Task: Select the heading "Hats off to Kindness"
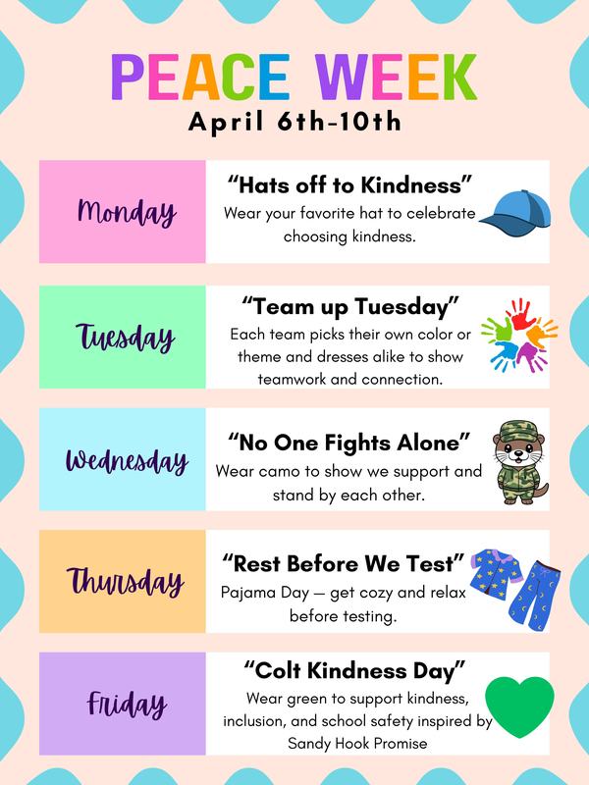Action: [x=350, y=183]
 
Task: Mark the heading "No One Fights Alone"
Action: [x=350, y=439]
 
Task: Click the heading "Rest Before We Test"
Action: [x=343, y=562]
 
